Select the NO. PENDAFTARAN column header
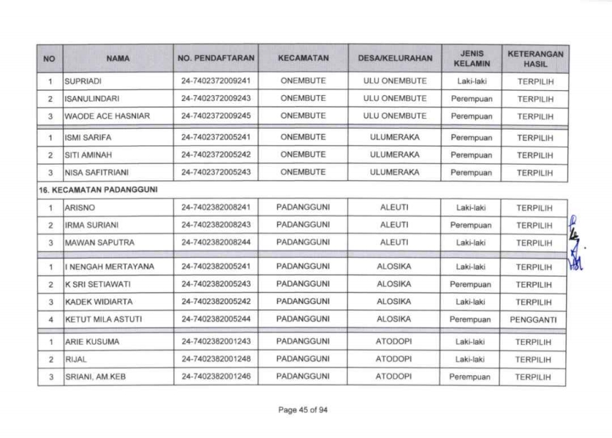coord(215,59)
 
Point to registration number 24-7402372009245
coord(215,115)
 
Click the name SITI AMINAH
coord(86,154)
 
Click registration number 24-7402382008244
coord(215,243)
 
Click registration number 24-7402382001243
coord(215,341)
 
